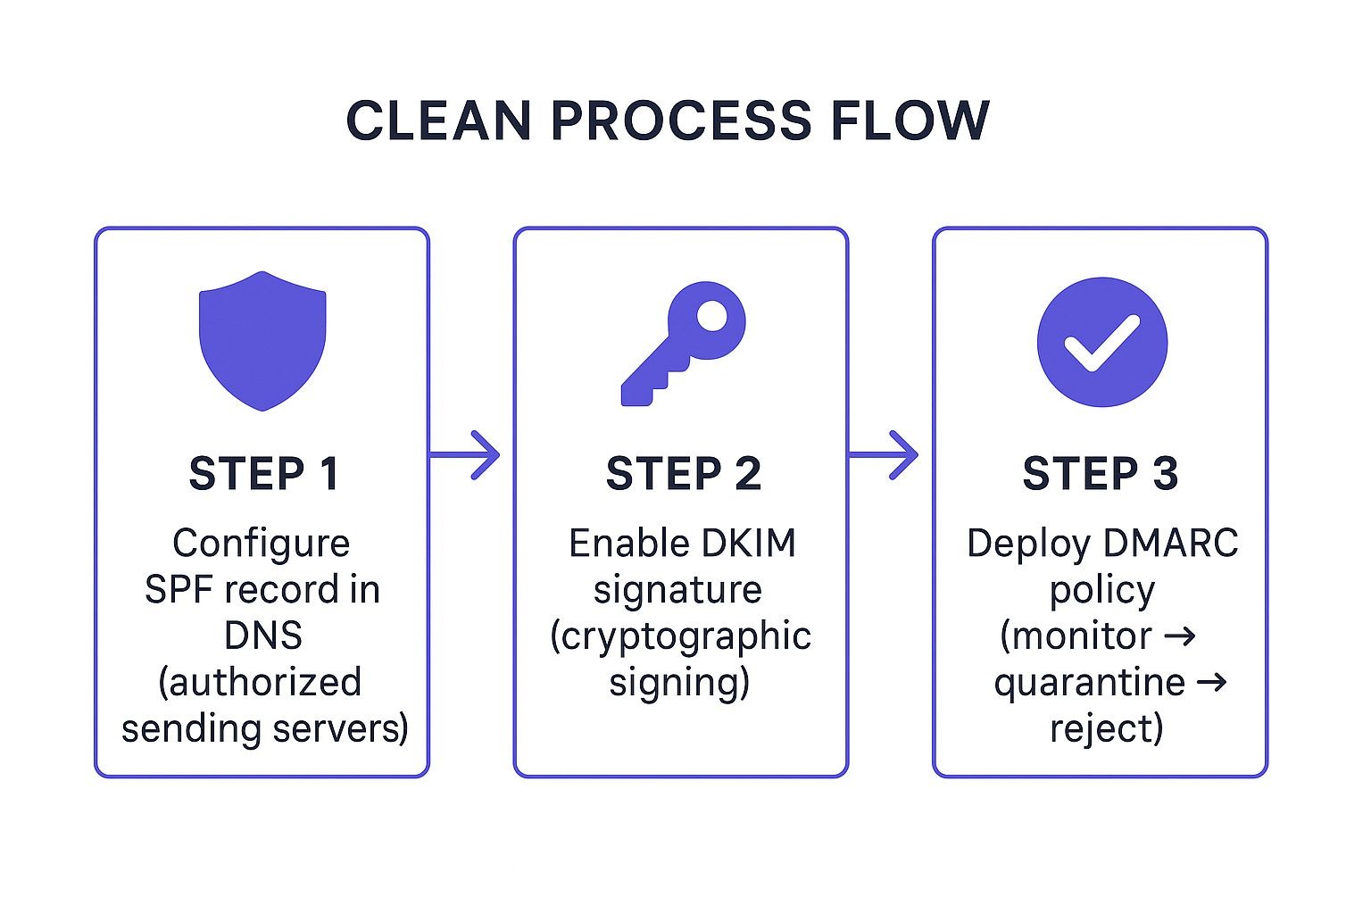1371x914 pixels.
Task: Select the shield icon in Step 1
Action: (262, 339)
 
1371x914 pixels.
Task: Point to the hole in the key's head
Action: (711, 316)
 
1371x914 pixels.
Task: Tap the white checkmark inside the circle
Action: (1101, 343)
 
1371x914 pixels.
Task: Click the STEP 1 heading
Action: (263, 474)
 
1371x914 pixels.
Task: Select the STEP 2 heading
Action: (683, 474)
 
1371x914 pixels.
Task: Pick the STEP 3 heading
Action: (1100, 474)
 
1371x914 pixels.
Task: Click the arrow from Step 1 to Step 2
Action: (465, 455)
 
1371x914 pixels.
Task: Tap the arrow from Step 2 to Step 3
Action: (883, 455)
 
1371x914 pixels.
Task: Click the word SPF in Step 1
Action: (179, 590)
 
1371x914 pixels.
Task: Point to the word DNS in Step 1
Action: (262, 636)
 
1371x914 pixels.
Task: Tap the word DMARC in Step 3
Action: (1169, 544)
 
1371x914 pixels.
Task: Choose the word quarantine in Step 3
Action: (1089, 684)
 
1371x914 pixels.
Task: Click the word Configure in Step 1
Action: (261, 544)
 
